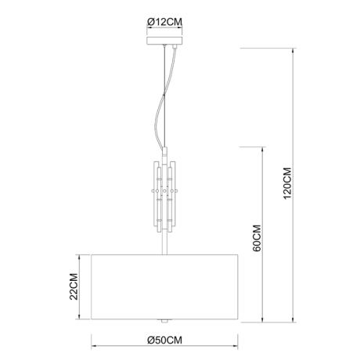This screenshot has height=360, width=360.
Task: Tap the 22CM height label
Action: click(x=74, y=287)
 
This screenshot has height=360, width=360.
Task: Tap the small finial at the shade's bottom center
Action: click(x=164, y=321)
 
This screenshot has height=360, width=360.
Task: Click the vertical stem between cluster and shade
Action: click(x=164, y=241)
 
